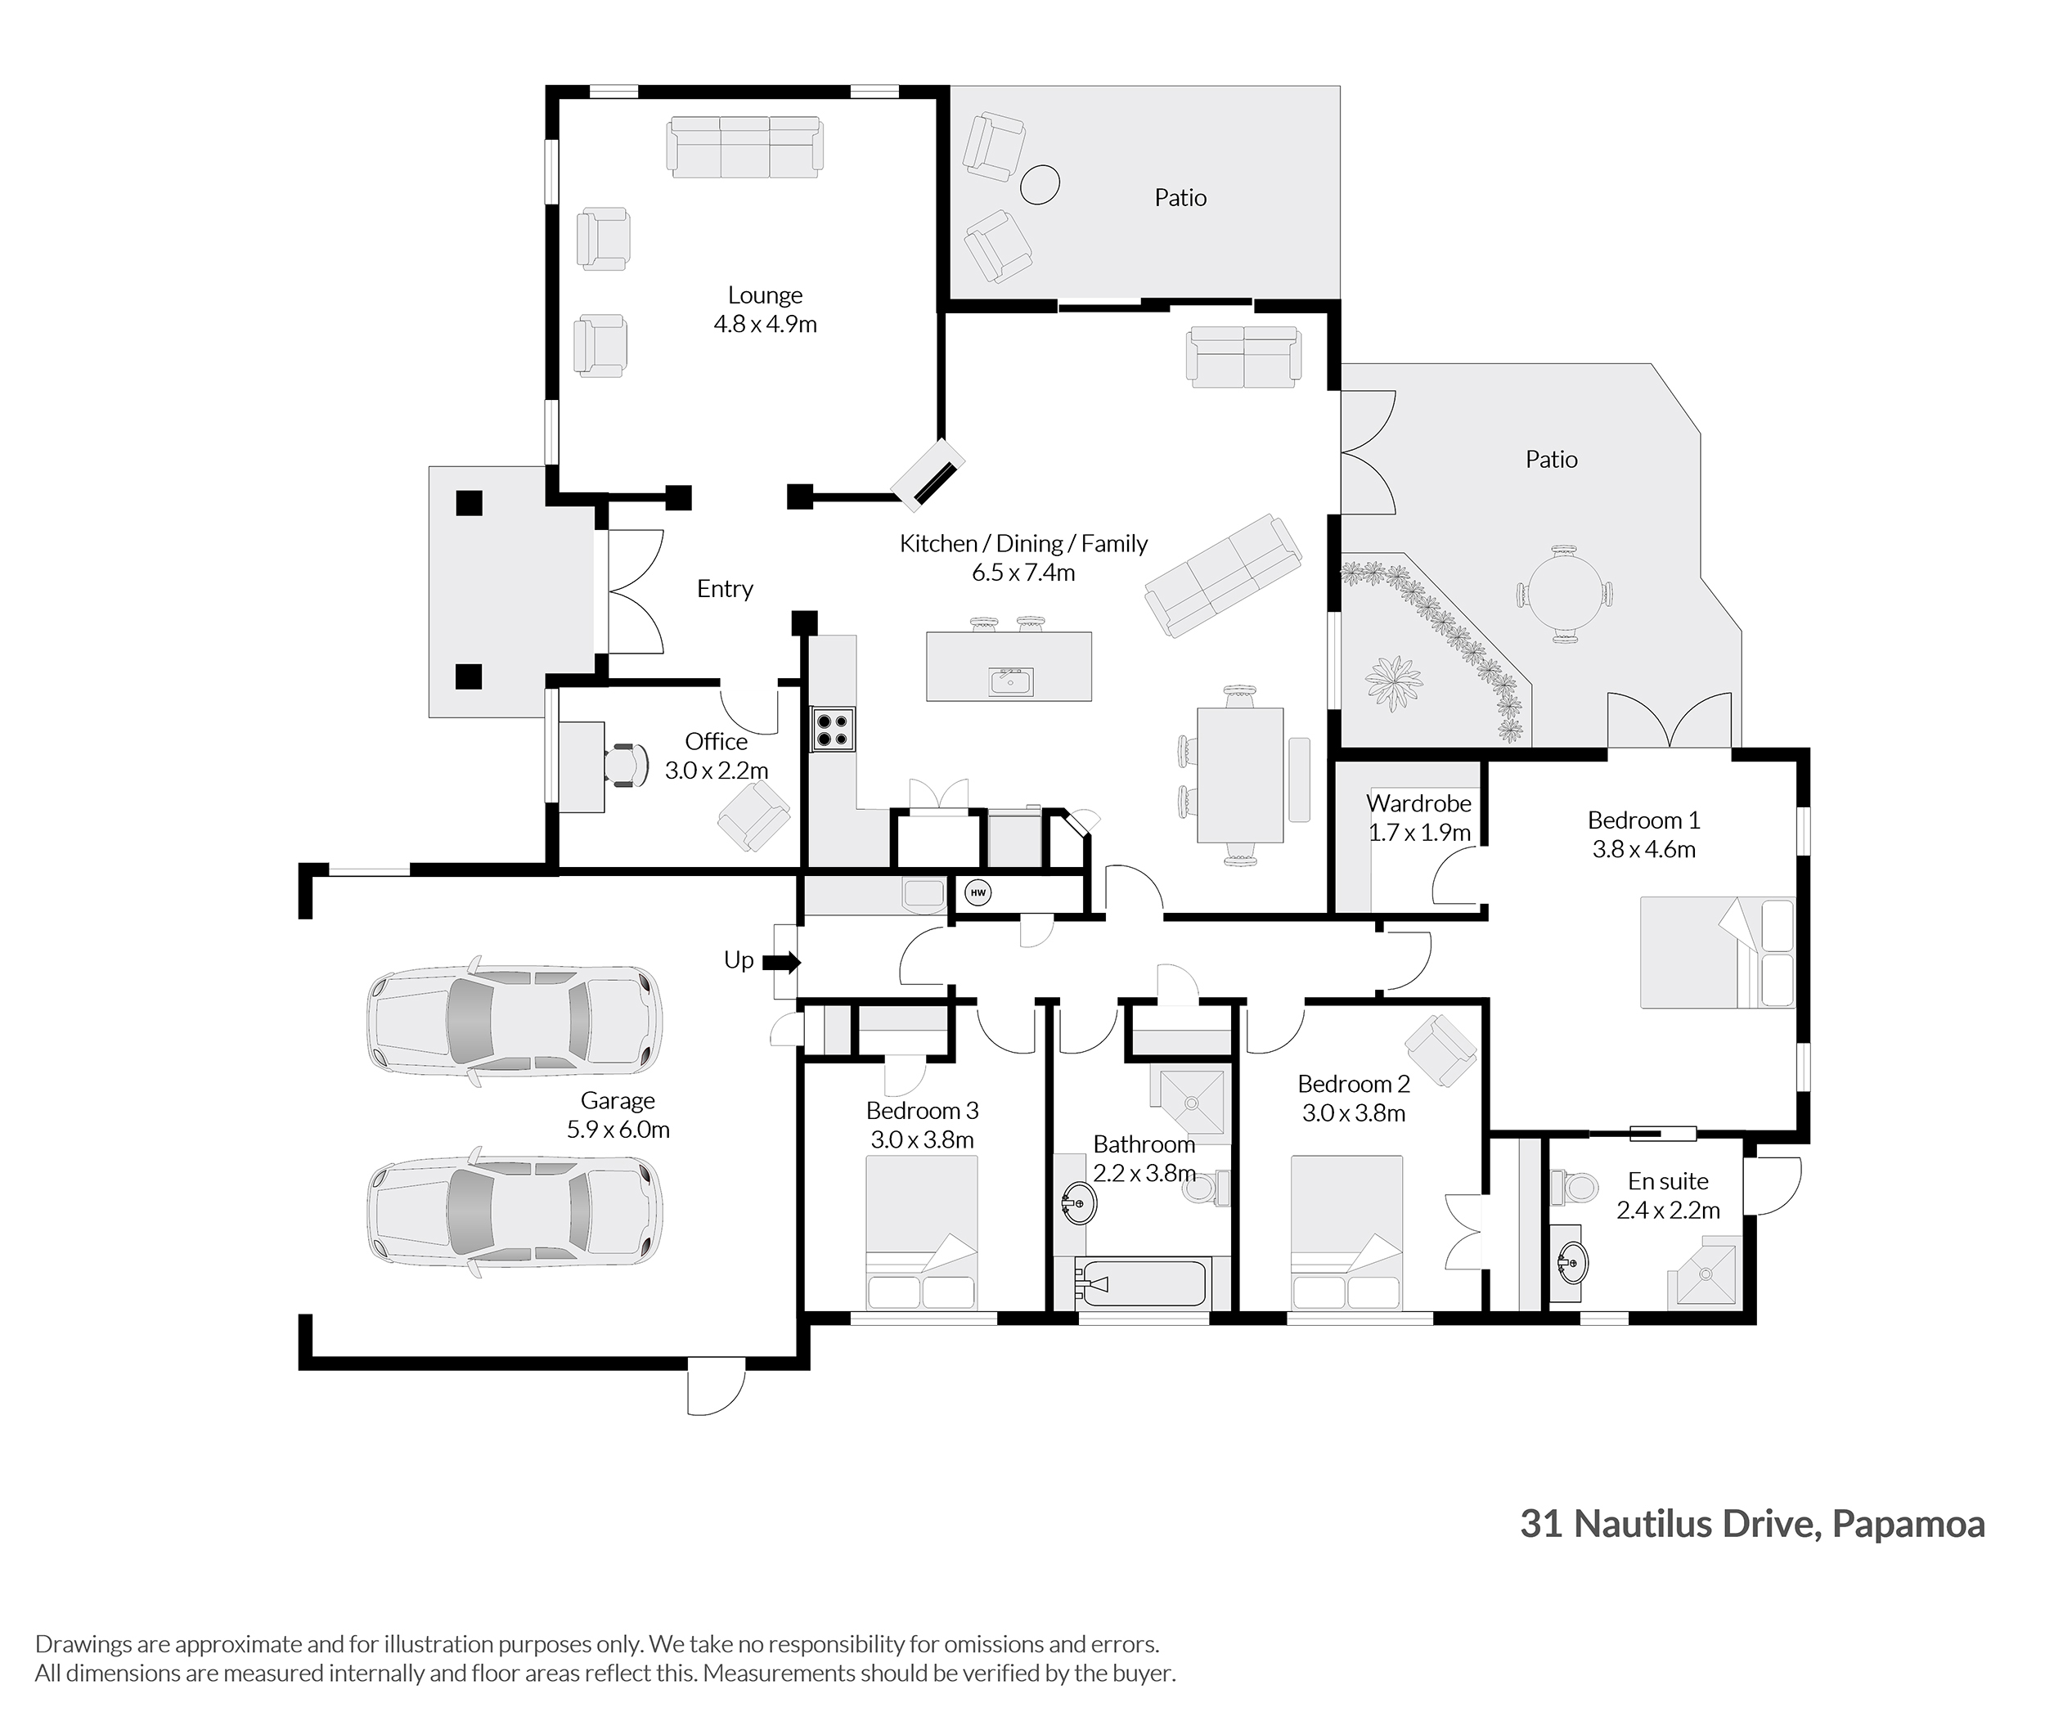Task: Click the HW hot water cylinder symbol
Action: [x=978, y=892]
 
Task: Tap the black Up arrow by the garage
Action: [x=781, y=963]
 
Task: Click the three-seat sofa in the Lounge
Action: [x=745, y=147]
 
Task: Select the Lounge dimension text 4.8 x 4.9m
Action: [x=765, y=324]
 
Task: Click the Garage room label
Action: [x=618, y=1100]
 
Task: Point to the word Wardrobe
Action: [x=1418, y=803]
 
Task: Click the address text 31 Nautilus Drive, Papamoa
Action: [x=1752, y=1524]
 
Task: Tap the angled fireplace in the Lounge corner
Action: [x=928, y=474]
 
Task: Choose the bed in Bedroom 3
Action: [x=922, y=1232]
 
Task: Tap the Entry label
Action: [x=725, y=589]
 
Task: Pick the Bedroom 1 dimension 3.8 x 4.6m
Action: [x=1644, y=850]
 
